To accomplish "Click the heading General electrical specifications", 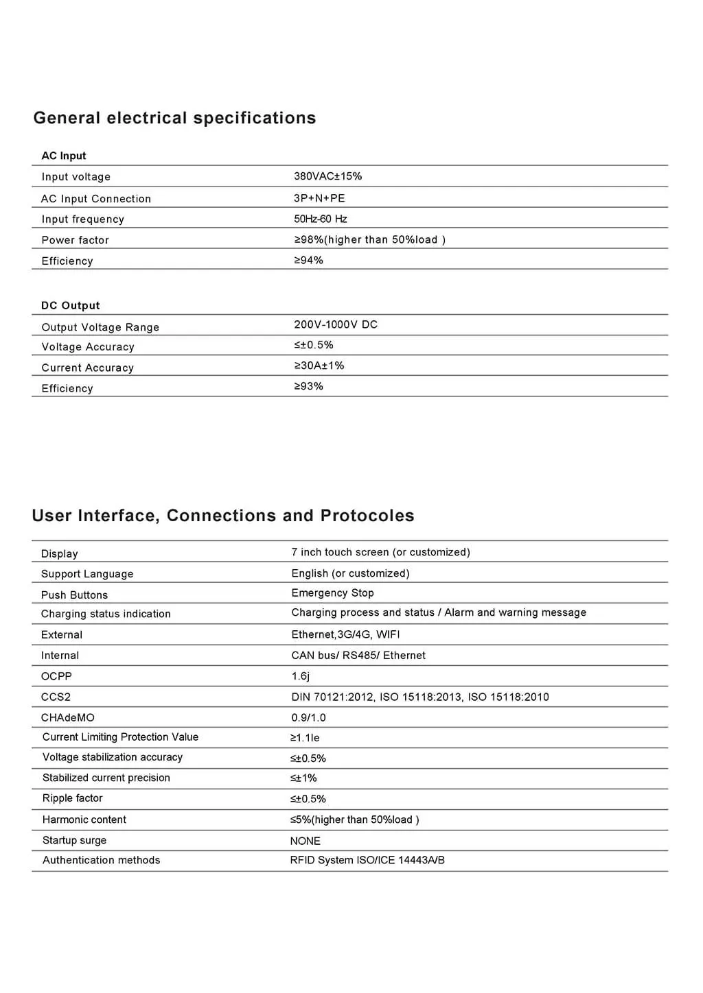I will [x=174, y=118].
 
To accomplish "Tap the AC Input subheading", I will [x=64, y=156].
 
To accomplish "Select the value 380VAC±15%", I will [x=327, y=176].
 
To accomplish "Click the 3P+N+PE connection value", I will [x=319, y=198].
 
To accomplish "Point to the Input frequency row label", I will [x=82, y=219].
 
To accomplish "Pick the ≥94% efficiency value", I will [x=308, y=261].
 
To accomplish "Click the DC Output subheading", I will [x=71, y=306].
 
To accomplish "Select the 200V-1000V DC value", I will [x=336, y=324].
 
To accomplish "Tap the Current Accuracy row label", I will [x=87, y=368].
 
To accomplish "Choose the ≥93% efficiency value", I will [x=308, y=387].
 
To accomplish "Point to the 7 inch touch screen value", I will [x=380, y=552].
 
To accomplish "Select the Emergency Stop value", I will [x=332, y=593].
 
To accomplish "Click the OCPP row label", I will [x=56, y=676].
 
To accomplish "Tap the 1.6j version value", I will [x=300, y=676].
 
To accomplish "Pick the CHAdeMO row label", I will [x=67, y=717].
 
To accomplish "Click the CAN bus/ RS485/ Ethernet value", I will [x=358, y=656].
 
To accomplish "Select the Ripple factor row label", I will [x=72, y=798].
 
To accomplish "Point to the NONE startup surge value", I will [x=305, y=841].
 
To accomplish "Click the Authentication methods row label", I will [x=101, y=860].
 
